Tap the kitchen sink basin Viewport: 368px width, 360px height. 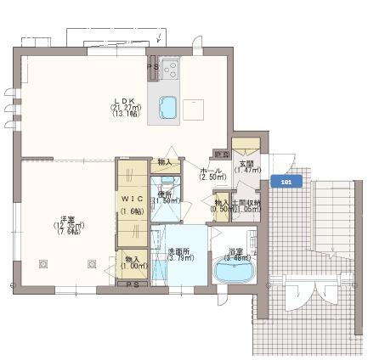tap(167, 108)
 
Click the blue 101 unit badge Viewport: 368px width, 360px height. tap(285, 181)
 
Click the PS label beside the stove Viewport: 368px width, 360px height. tap(153, 65)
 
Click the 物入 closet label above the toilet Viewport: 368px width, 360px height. tap(164, 161)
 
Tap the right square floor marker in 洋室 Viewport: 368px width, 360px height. tap(91, 264)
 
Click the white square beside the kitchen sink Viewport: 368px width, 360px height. tap(194, 108)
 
